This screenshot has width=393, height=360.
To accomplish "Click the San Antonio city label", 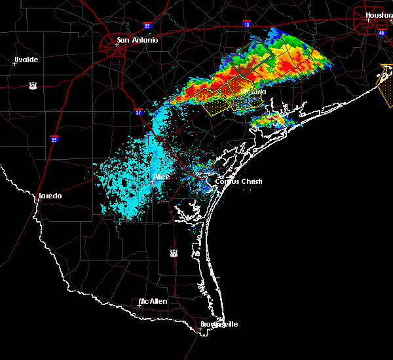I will [137, 41].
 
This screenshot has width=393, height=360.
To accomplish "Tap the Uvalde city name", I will [26, 60].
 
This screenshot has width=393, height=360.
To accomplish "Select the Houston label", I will [379, 15].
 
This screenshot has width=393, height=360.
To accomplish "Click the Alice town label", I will [161, 177].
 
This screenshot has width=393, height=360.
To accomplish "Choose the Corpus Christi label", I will [243, 181].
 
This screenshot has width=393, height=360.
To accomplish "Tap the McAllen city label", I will [153, 302].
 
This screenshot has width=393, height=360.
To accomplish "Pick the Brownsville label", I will [219, 324].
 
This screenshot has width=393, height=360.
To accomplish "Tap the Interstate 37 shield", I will [138, 113].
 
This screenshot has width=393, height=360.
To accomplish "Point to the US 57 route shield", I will [32, 85].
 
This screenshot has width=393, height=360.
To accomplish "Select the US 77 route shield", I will [174, 253].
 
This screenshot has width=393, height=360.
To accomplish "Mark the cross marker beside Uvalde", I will [14, 63].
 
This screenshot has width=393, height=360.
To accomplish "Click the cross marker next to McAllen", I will [140, 305].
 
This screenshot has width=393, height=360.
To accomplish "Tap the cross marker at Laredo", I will [37, 200].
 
